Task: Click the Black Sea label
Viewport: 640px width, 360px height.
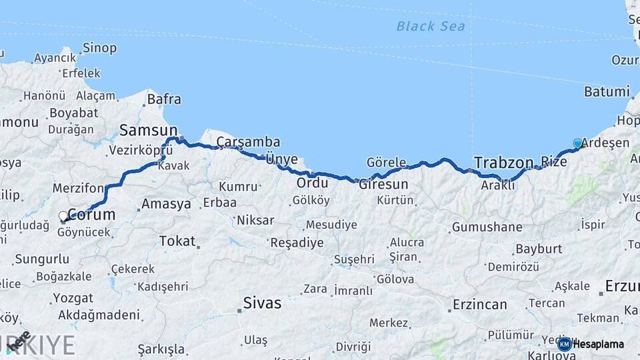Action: coord(430,26)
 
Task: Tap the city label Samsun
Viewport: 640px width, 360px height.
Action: coord(148,130)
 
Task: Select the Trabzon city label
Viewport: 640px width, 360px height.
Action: coord(503,162)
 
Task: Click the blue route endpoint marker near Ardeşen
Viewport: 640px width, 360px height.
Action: coord(577,143)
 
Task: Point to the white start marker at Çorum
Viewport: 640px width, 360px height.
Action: coord(63,217)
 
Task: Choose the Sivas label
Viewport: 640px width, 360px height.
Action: coord(262,303)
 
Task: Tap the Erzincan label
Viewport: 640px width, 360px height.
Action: coord(480,305)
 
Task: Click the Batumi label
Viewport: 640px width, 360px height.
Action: coord(607,92)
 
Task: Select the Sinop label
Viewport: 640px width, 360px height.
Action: coord(99,48)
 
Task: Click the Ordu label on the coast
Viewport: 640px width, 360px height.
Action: coord(313,183)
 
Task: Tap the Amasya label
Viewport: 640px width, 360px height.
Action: coord(167,204)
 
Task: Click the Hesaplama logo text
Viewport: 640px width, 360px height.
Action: coord(599,344)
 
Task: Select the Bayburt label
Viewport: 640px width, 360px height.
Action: coord(539,249)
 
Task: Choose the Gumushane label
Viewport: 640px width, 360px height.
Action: coord(487,227)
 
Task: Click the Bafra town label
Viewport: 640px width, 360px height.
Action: coord(163,99)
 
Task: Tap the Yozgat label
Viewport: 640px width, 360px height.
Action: coord(73,297)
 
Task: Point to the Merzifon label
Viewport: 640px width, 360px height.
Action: coord(78,189)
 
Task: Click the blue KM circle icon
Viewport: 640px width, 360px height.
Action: coord(565,344)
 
